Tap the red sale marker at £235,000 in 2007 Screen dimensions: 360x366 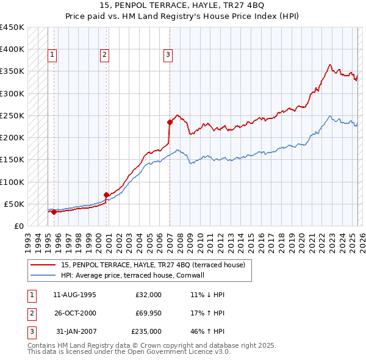(170, 122)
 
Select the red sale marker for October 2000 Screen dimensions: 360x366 (106, 195)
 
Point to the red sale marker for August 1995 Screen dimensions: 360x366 (54, 212)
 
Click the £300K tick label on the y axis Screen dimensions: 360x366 (12, 93)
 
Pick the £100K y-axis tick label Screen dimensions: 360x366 (12, 182)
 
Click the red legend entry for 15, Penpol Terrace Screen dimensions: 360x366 (152, 265)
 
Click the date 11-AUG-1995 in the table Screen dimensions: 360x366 (74, 295)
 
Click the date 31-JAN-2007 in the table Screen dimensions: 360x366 (76, 331)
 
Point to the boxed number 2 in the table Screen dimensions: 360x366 (31, 313)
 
